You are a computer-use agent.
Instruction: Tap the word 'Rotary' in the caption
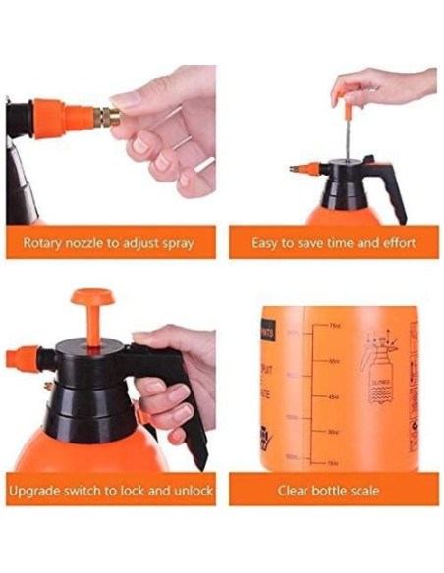[x=44, y=243]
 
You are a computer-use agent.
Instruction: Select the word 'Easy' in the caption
[x=267, y=243]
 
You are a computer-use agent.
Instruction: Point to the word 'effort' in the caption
[x=395, y=243]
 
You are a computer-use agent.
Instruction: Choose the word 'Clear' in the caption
[x=296, y=490]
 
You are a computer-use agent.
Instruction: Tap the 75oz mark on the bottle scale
[x=334, y=326]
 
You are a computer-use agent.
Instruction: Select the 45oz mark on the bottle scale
[x=334, y=396]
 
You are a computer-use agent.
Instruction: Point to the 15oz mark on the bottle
[x=334, y=461]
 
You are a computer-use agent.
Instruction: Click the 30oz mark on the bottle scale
[x=334, y=431]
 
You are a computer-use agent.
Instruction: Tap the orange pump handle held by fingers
[x=339, y=93]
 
